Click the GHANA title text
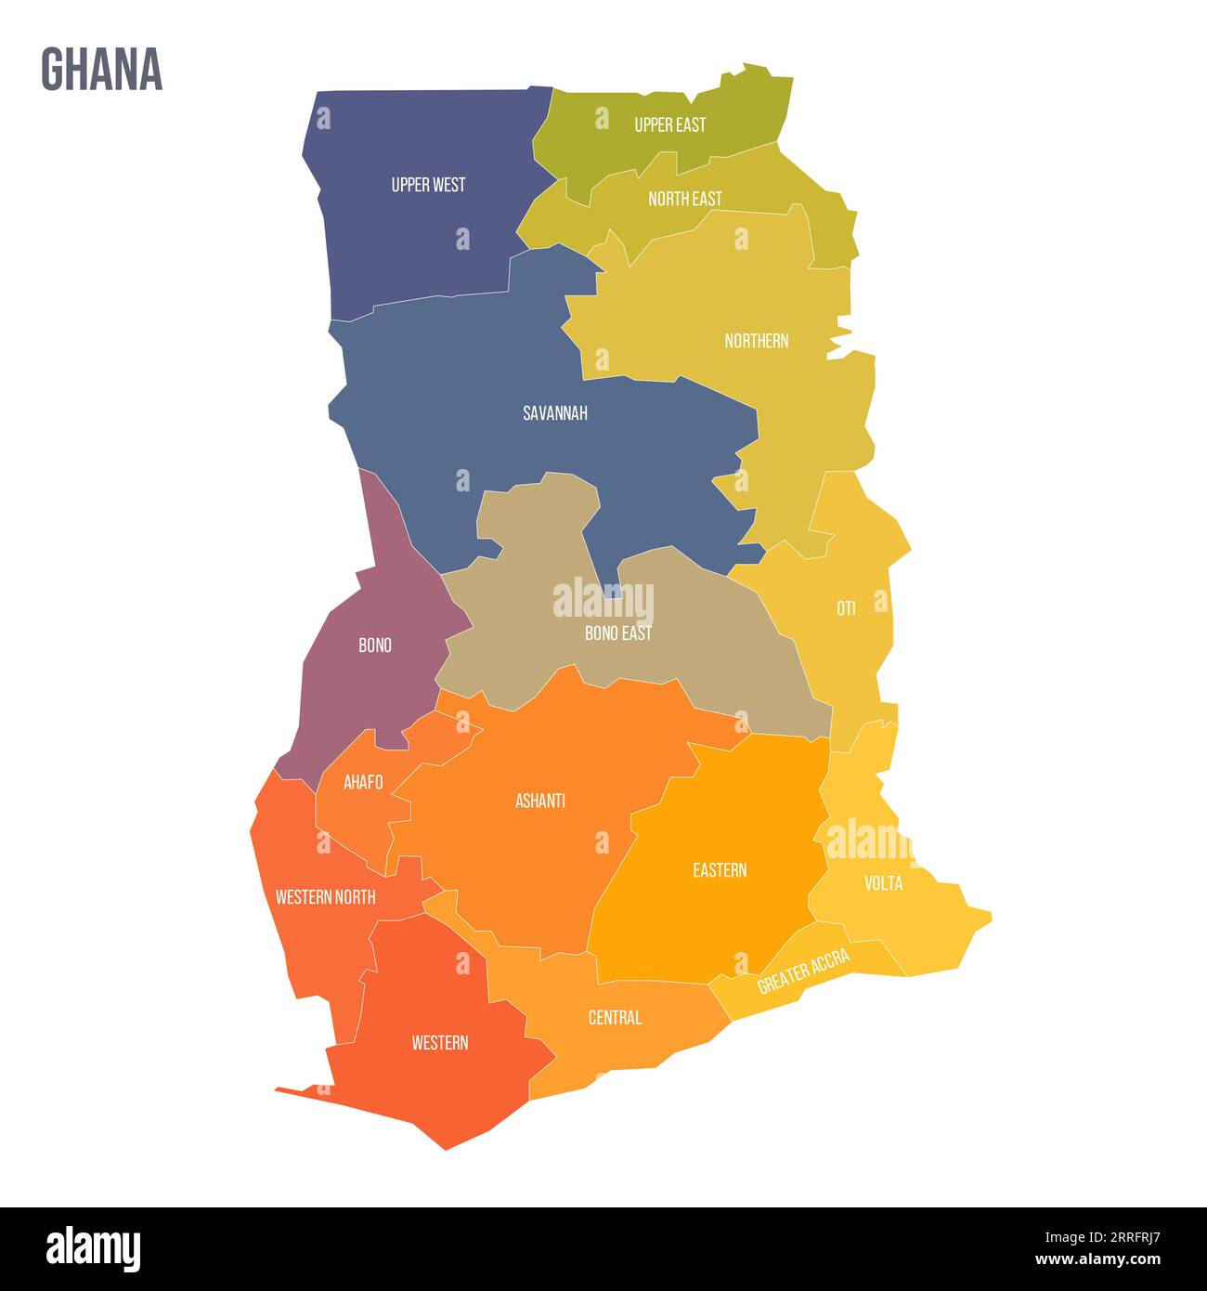click(x=102, y=70)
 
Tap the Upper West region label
click(x=428, y=185)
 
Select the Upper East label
click(x=669, y=124)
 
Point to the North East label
click(x=684, y=199)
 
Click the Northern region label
click(x=756, y=341)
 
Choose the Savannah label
click(x=554, y=413)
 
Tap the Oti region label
click(x=846, y=608)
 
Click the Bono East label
click(x=617, y=633)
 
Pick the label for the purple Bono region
click(x=375, y=645)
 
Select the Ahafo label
click(x=363, y=782)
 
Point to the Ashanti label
click(x=540, y=801)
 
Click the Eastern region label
click(x=720, y=870)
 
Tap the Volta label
click(x=883, y=882)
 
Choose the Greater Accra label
click(x=803, y=972)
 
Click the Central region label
click(x=615, y=1018)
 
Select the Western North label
click(x=326, y=897)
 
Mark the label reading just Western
click(x=440, y=1043)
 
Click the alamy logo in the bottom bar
click(x=94, y=1249)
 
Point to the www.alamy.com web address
click(x=1097, y=1260)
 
